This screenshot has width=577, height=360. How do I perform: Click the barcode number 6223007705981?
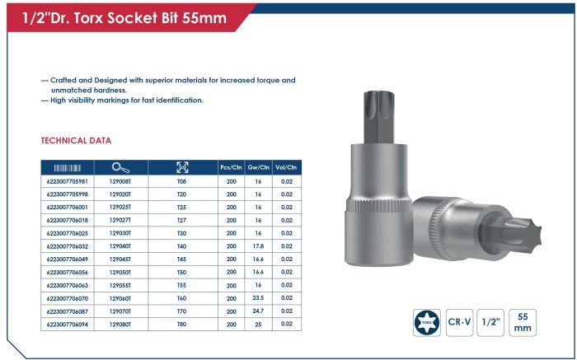tap(68, 181)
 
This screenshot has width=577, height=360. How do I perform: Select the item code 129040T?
tap(120, 246)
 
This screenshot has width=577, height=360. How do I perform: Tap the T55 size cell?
tap(182, 285)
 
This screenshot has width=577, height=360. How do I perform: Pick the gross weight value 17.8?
tap(258, 246)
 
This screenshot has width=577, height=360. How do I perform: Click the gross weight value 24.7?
tap(258, 311)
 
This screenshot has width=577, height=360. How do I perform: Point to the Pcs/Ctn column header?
tap(231, 167)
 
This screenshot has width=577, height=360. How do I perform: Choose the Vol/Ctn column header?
tap(286, 167)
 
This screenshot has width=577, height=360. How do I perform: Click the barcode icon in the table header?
tap(68, 168)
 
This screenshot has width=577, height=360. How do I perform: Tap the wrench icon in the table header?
tap(120, 168)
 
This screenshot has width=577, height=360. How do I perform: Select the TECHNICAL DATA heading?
tap(76, 141)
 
